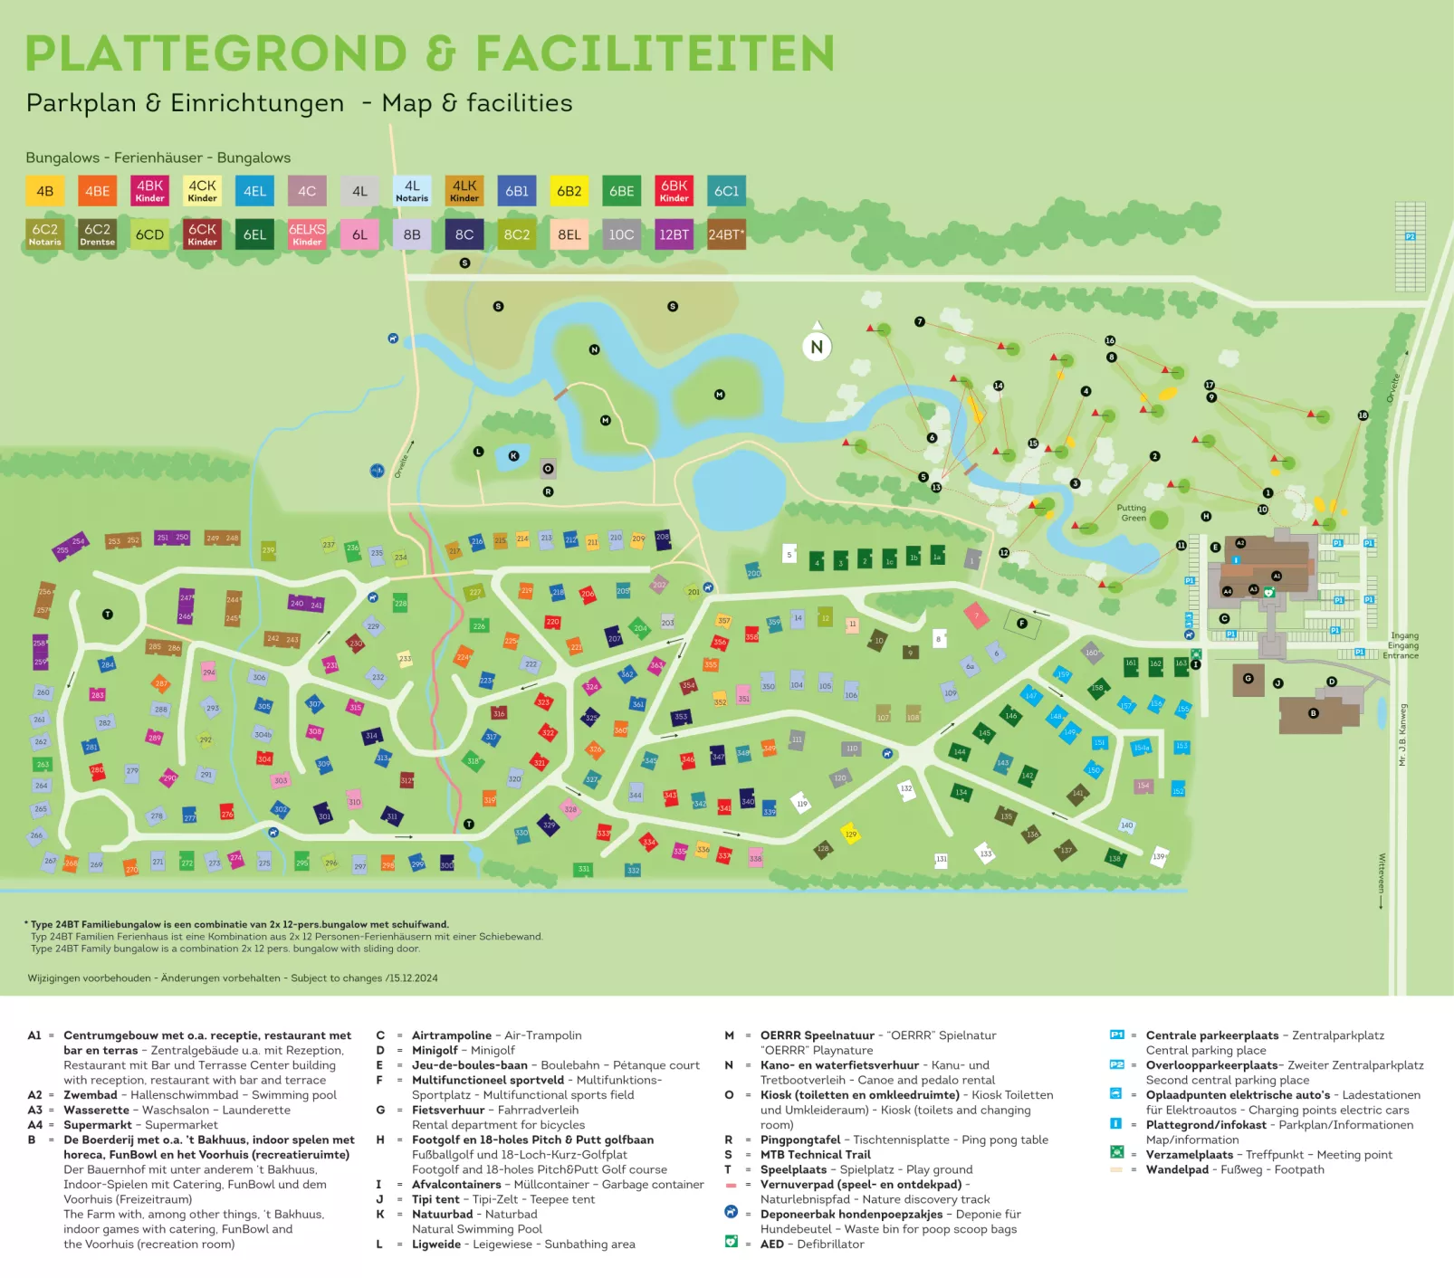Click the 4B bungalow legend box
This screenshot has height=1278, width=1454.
(44, 192)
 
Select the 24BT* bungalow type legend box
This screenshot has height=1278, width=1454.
(726, 234)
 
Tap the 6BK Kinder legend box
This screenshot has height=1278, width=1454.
(674, 191)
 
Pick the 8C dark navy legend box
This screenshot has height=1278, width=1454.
(464, 234)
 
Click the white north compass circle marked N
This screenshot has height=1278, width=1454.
(817, 347)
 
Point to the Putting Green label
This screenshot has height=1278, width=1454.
(1132, 513)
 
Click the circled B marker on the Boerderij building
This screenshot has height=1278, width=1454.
(1314, 713)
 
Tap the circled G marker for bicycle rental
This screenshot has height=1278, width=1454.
(1248, 678)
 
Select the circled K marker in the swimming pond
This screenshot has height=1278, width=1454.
(513, 456)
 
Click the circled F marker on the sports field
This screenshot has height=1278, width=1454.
(1021, 623)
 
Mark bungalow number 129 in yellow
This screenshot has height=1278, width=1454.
(850, 834)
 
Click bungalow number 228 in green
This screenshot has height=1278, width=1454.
(400, 603)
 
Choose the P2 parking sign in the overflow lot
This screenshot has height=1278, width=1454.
(1410, 237)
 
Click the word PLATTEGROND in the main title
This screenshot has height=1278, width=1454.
(216, 53)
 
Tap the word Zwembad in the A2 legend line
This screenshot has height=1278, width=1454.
(91, 1094)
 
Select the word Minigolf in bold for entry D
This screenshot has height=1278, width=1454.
(435, 1050)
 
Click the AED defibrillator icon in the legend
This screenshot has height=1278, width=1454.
(732, 1243)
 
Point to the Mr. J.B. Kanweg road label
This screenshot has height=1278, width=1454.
(1403, 735)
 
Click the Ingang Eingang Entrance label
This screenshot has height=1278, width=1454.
(1402, 645)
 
